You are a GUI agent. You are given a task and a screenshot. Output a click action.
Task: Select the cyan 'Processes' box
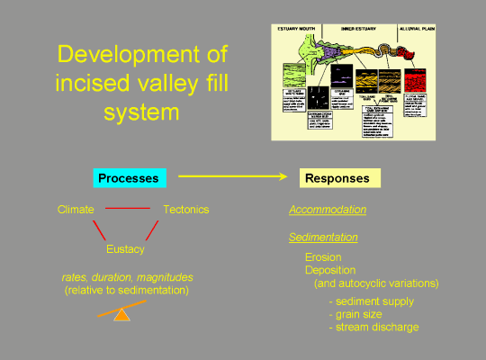coord(129,178)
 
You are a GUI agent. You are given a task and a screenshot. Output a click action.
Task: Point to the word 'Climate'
coord(76,210)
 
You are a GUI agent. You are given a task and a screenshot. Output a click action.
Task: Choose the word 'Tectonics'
coord(185,210)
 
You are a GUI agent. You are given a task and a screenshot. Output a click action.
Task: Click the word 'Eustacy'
coord(125,249)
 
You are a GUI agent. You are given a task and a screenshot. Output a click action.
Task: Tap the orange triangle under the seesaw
coord(122,315)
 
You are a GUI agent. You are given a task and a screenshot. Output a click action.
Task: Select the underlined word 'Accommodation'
coord(328,210)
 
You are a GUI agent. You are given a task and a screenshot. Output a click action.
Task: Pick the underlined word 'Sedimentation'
coord(323,238)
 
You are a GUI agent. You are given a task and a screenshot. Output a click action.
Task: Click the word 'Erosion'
coord(324,257)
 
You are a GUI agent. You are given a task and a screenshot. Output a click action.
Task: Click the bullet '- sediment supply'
coord(372,301)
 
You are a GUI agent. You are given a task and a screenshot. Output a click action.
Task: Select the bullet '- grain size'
coord(357,314)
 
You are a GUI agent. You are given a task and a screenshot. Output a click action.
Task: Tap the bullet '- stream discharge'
coord(374,327)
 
